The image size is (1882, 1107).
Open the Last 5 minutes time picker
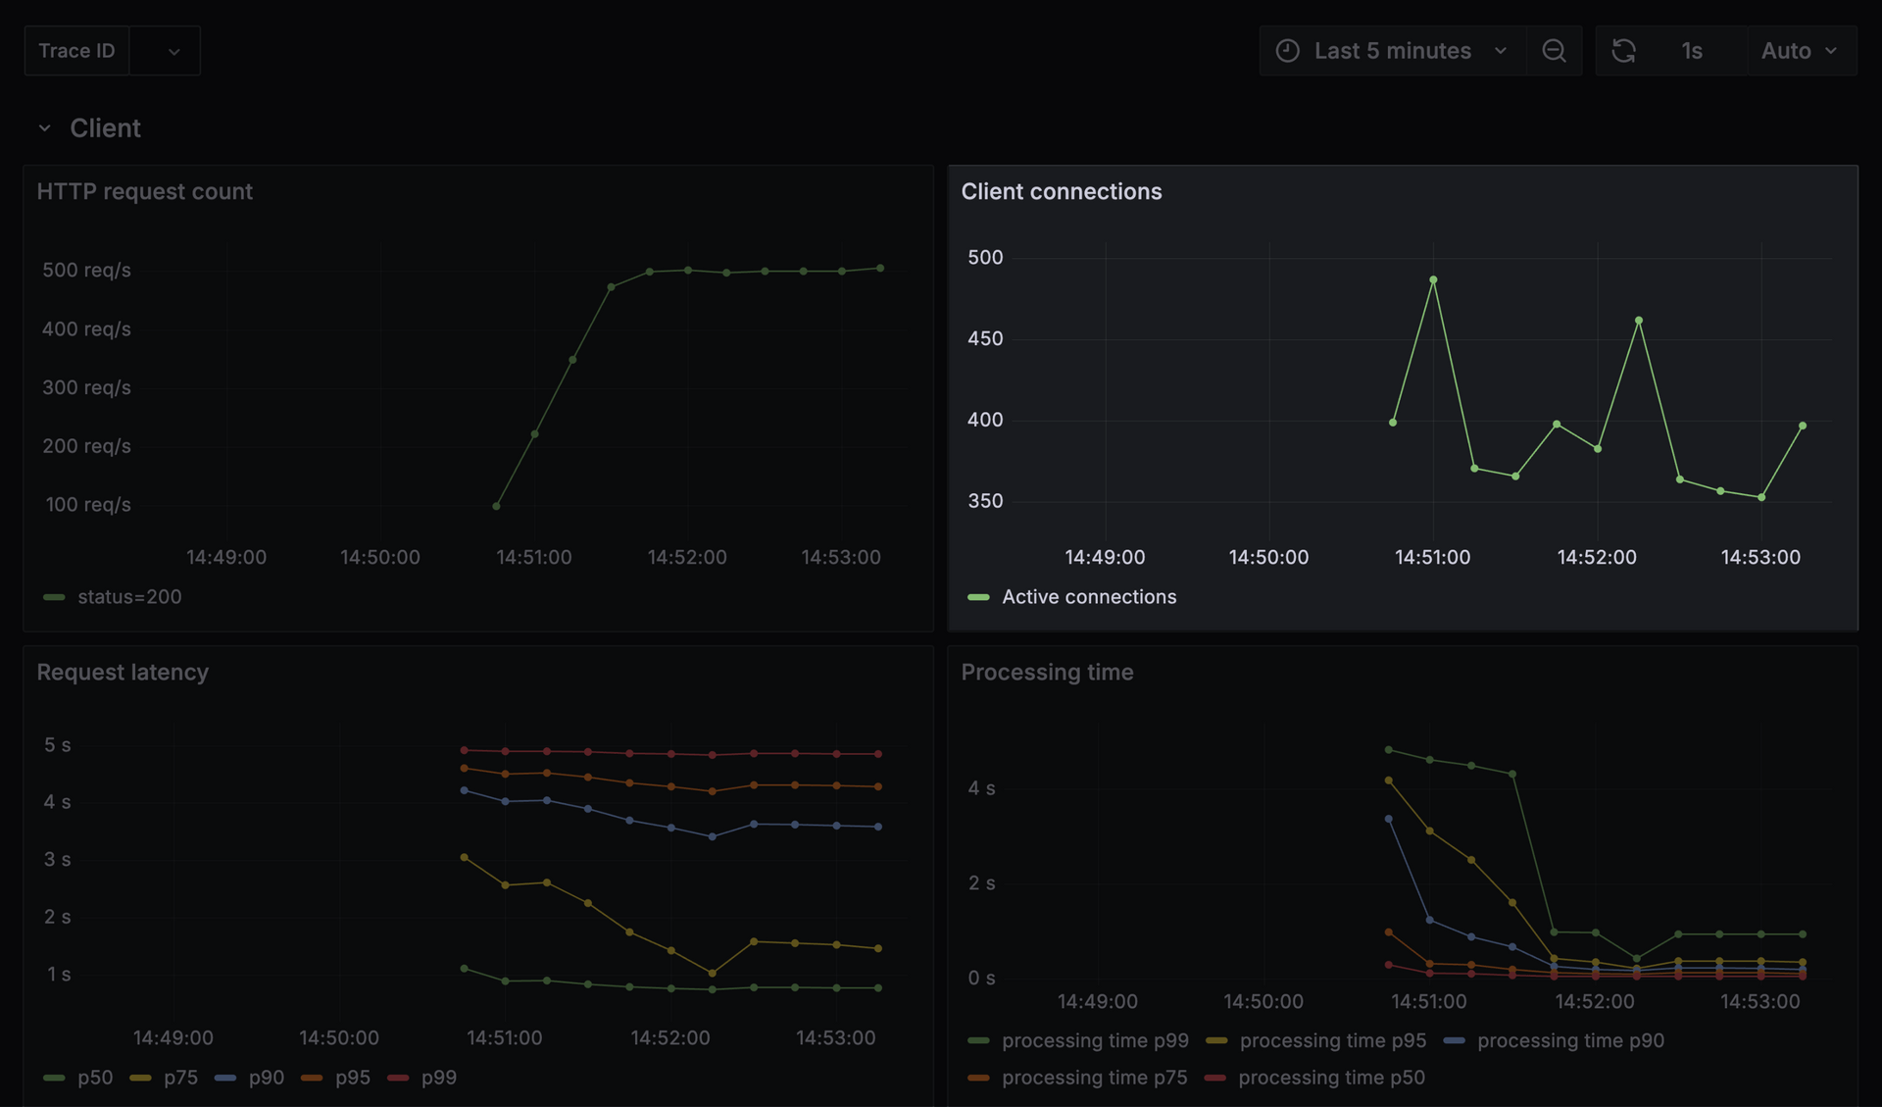pyautogui.click(x=1392, y=51)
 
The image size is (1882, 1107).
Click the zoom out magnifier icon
pyautogui.click(x=1554, y=51)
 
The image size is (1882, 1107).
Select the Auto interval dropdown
pyautogui.click(x=1799, y=51)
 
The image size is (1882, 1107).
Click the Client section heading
pyautogui.click(x=105, y=128)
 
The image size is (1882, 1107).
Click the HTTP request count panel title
pyautogui.click(x=144, y=191)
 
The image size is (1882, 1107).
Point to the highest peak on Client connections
pyautogui.click(x=1433, y=280)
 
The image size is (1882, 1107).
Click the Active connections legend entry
pyautogui.click(x=1088, y=597)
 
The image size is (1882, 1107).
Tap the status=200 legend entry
pyautogui.click(x=129, y=597)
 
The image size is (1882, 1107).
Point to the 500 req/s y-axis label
pyautogui.click(x=86, y=270)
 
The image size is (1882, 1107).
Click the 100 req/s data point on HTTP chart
pyautogui.click(x=496, y=506)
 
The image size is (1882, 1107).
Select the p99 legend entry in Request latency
pyautogui.click(x=438, y=1078)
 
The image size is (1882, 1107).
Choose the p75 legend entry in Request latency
pyautogui.click(x=180, y=1078)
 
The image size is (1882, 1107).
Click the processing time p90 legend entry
pyautogui.click(x=1569, y=1040)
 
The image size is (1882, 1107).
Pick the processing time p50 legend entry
pyautogui.click(x=1330, y=1078)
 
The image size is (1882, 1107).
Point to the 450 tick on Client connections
pyautogui.click(x=985, y=338)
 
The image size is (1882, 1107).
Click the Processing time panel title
pyautogui.click(x=1047, y=673)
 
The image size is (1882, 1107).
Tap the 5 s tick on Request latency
pyautogui.click(x=57, y=745)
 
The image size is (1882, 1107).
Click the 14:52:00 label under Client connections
pyautogui.click(x=1596, y=557)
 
